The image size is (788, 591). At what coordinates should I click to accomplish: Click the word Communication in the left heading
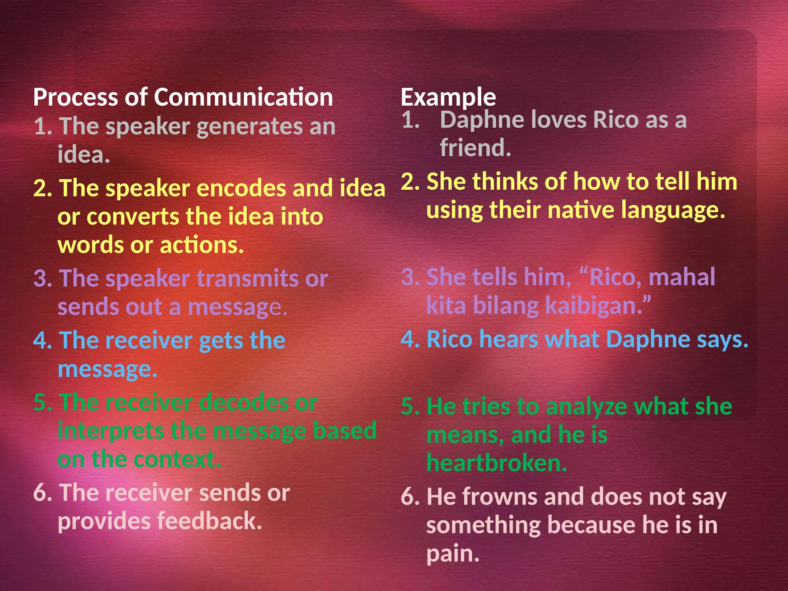click(243, 97)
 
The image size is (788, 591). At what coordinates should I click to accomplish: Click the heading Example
click(448, 97)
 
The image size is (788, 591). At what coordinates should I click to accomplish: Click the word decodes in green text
click(244, 402)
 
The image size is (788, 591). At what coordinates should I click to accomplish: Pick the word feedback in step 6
click(210, 521)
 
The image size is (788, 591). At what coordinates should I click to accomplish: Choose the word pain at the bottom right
click(452, 554)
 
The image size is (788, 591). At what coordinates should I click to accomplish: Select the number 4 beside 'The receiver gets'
click(40, 341)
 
